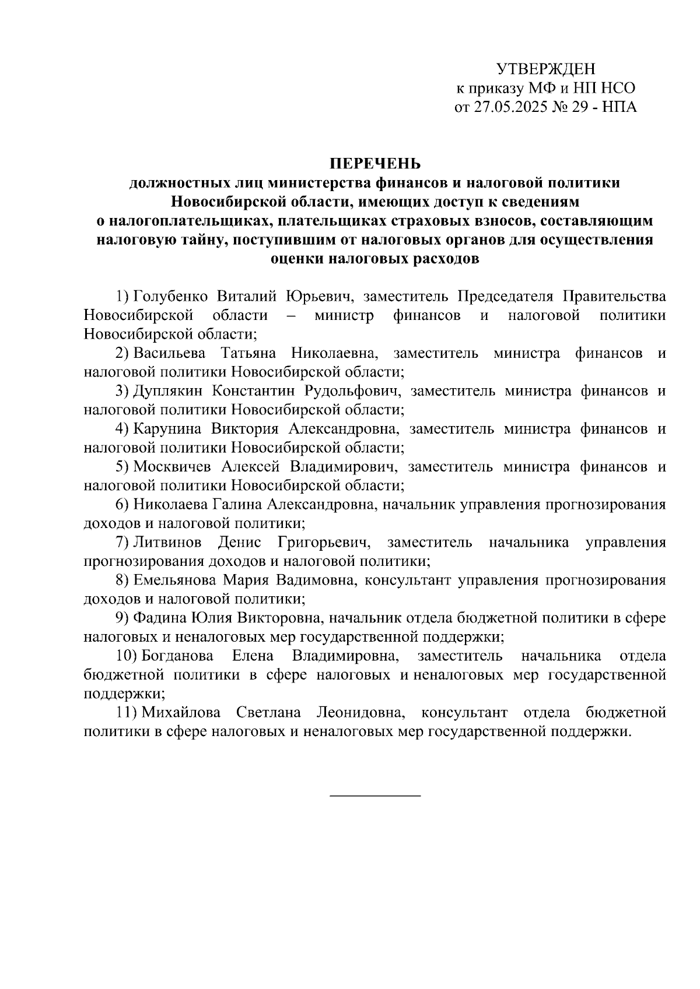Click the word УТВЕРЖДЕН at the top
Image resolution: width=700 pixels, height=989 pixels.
point(546,69)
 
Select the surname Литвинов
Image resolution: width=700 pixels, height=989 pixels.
point(167,543)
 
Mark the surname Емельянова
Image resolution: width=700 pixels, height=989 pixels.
point(177,580)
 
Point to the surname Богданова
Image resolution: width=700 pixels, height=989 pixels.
point(177,656)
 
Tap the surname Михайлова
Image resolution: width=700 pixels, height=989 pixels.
point(181,712)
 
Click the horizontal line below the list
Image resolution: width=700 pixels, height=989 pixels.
point(375,796)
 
